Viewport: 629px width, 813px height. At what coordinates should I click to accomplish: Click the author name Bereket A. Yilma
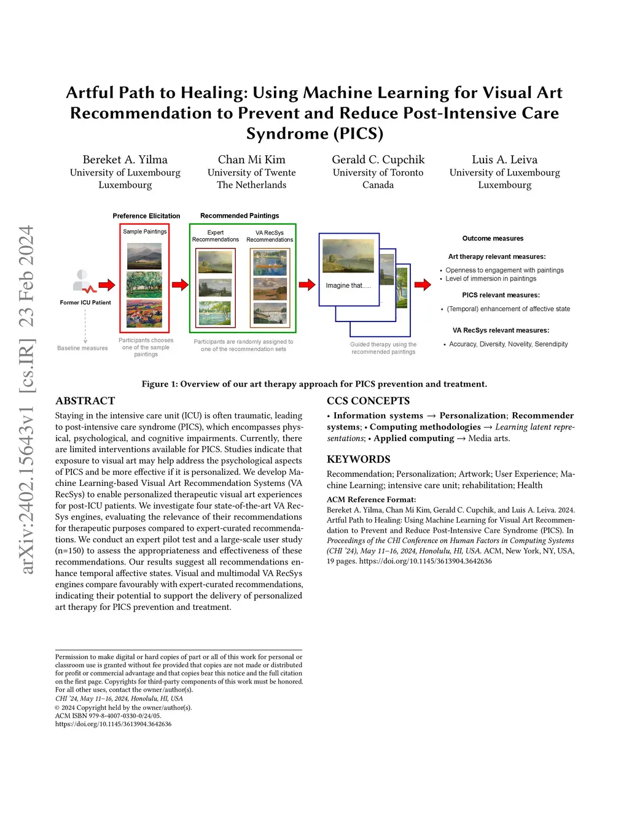point(125,160)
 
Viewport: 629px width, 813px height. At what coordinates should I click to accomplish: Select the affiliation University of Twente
point(251,172)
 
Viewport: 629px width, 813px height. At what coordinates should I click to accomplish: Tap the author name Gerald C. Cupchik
point(378,160)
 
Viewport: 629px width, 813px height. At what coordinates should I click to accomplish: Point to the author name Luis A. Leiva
point(504,160)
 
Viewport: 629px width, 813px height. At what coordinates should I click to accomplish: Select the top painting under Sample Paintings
point(144,256)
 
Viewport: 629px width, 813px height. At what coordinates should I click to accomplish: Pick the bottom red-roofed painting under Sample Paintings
point(144,314)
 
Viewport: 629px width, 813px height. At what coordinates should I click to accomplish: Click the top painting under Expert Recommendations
point(215,261)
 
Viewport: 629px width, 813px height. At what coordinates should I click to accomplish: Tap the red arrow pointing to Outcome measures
point(423,284)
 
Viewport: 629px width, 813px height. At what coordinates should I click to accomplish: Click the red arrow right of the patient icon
point(107,284)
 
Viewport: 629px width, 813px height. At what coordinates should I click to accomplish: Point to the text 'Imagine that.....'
point(348,285)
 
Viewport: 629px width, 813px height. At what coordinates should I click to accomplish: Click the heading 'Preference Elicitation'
point(146,216)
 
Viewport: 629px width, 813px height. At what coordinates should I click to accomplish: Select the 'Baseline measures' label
point(82,348)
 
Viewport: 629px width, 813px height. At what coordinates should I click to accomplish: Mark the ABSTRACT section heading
point(85,401)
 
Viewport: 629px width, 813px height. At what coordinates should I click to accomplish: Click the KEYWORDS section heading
point(358,459)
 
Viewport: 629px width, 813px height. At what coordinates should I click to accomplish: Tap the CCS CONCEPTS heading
point(368,401)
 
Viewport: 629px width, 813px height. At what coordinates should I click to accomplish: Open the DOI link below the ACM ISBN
point(113,724)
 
